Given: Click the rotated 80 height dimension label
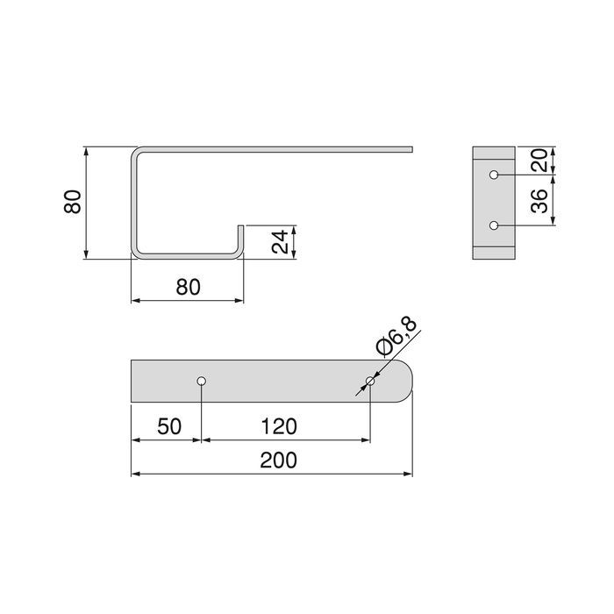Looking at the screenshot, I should pyautogui.click(x=74, y=202).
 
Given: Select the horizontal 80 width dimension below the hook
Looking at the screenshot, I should pyautogui.click(x=188, y=287).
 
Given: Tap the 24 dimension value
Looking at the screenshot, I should pyautogui.click(x=280, y=242).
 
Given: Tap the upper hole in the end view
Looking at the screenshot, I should pyautogui.click(x=495, y=175).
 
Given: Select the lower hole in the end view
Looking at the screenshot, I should pyautogui.click(x=495, y=225).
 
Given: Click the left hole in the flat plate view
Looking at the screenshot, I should pyautogui.click(x=202, y=382).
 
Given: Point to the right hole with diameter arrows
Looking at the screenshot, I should pyautogui.click(x=370, y=382).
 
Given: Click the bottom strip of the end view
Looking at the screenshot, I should pyautogui.click(x=495, y=254).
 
